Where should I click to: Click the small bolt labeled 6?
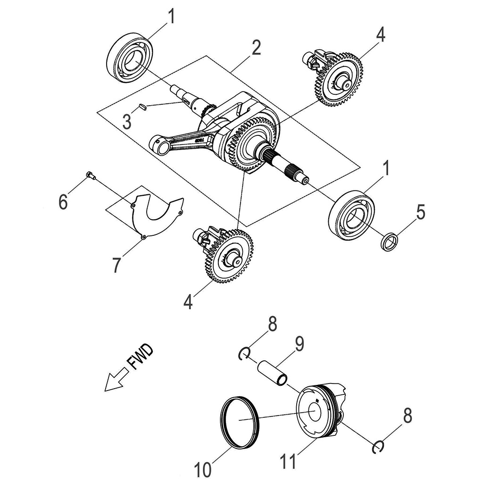coord(91,176)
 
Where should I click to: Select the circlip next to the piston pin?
coord(245,353)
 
